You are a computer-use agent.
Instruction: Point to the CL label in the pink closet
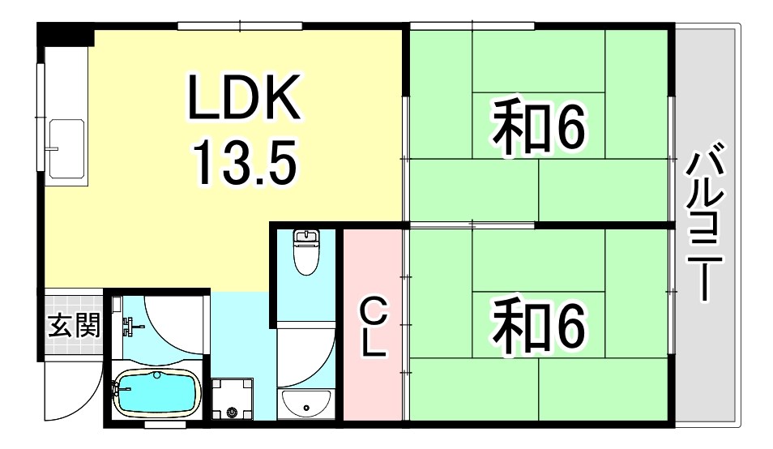coord(373,327)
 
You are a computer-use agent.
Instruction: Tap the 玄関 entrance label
coord(75,327)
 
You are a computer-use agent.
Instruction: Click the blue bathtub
coord(155,394)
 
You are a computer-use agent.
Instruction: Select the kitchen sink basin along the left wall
coord(66,148)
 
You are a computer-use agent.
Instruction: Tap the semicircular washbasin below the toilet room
coord(304,401)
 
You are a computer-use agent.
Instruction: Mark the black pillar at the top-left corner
coord(66,34)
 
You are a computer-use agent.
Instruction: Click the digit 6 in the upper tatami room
coord(567,129)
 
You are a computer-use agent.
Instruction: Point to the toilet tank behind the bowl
coord(305,237)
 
